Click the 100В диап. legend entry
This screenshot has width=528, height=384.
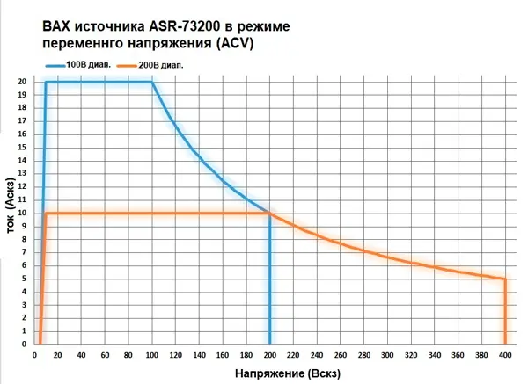(x=86, y=64)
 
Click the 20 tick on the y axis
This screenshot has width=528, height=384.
(x=22, y=82)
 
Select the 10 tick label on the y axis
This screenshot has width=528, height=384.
(x=22, y=214)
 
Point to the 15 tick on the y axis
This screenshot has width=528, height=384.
(x=22, y=148)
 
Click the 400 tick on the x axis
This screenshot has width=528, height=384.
(x=504, y=354)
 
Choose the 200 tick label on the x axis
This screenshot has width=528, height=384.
(x=269, y=354)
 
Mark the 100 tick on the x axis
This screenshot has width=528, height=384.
(x=151, y=354)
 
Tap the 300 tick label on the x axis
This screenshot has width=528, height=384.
(x=387, y=354)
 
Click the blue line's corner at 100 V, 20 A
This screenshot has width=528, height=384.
(x=151, y=83)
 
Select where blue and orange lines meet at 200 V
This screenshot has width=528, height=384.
(x=269, y=214)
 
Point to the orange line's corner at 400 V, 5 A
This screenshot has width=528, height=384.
(x=504, y=279)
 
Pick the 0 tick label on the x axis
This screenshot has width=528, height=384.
(x=35, y=354)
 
